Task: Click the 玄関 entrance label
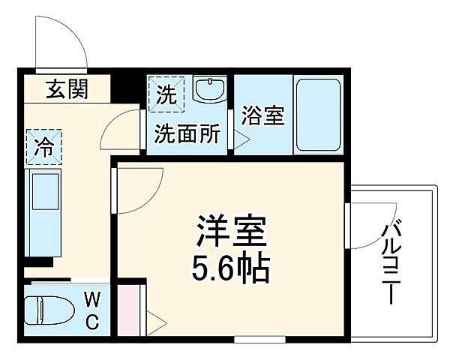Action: tap(67, 89)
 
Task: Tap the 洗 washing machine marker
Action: tap(165, 95)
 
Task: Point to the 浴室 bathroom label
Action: tap(263, 116)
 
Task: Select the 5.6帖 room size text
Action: tap(232, 268)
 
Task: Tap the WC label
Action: tap(91, 311)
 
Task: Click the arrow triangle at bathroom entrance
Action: tap(242, 138)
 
